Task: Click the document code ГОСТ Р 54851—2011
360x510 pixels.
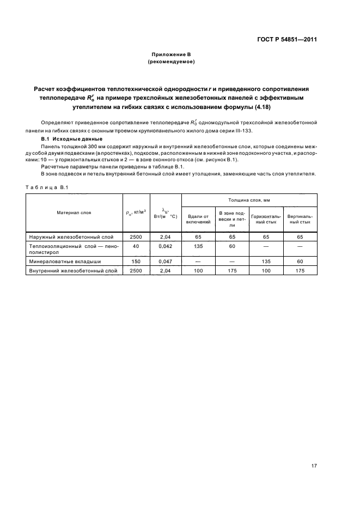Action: (286, 40)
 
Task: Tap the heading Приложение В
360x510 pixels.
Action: (171, 55)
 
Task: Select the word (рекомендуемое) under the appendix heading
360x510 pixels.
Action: (171, 62)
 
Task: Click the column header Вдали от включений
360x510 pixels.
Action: (198, 219)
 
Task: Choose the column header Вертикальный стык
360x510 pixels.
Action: (300, 219)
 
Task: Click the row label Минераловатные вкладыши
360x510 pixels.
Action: (59, 262)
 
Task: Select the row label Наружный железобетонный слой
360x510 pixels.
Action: (63, 237)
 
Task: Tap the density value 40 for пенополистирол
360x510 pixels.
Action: (136, 246)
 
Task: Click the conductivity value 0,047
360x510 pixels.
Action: (165, 262)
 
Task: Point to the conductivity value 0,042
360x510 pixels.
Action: (165, 246)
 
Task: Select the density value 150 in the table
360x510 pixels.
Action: (136, 262)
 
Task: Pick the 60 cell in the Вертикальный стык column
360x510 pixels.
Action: (300, 262)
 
